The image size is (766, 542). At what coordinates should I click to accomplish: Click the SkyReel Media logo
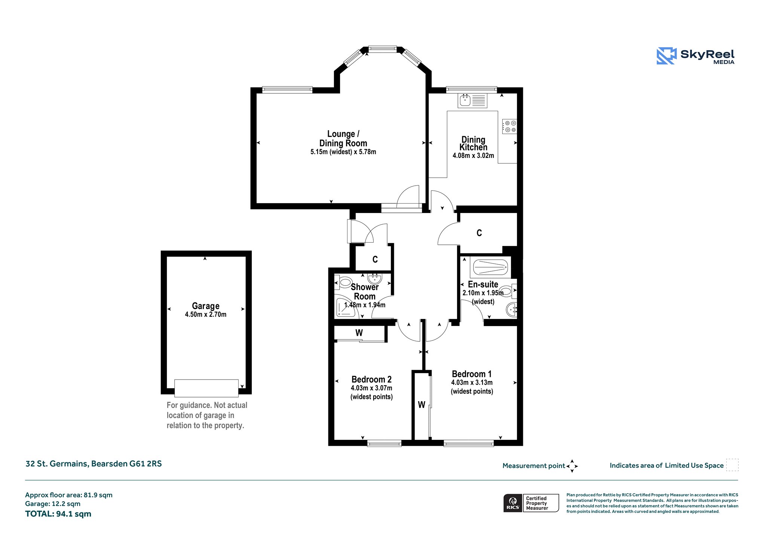coord(695,56)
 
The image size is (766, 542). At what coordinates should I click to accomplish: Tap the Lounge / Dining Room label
coord(343,138)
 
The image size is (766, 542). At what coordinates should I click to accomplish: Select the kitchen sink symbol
coord(473,100)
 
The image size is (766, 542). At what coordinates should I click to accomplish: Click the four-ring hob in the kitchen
coord(509,126)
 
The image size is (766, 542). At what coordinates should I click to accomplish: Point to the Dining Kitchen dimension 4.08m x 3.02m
coord(473,155)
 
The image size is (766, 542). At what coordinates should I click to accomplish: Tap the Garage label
coord(205,306)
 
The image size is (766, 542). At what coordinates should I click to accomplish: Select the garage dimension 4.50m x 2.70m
coord(205,314)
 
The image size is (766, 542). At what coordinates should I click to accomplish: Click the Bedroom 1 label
coord(472,374)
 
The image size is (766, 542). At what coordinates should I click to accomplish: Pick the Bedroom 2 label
coord(371,380)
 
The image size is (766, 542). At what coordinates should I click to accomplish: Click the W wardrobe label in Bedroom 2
coord(359,333)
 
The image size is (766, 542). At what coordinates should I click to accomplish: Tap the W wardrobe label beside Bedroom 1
coord(422,405)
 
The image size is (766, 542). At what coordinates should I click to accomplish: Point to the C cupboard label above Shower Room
coord(375,259)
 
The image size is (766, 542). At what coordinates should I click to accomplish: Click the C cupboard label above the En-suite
coord(479,233)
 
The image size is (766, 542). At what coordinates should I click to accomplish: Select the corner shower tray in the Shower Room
coord(346,307)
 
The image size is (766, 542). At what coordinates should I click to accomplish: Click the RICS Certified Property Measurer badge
coord(531,503)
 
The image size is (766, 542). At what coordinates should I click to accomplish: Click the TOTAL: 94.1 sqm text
coord(58,514)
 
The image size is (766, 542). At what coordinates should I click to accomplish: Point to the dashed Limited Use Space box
coord(732,465)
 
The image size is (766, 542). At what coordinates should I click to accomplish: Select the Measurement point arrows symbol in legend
coord(572,466)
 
